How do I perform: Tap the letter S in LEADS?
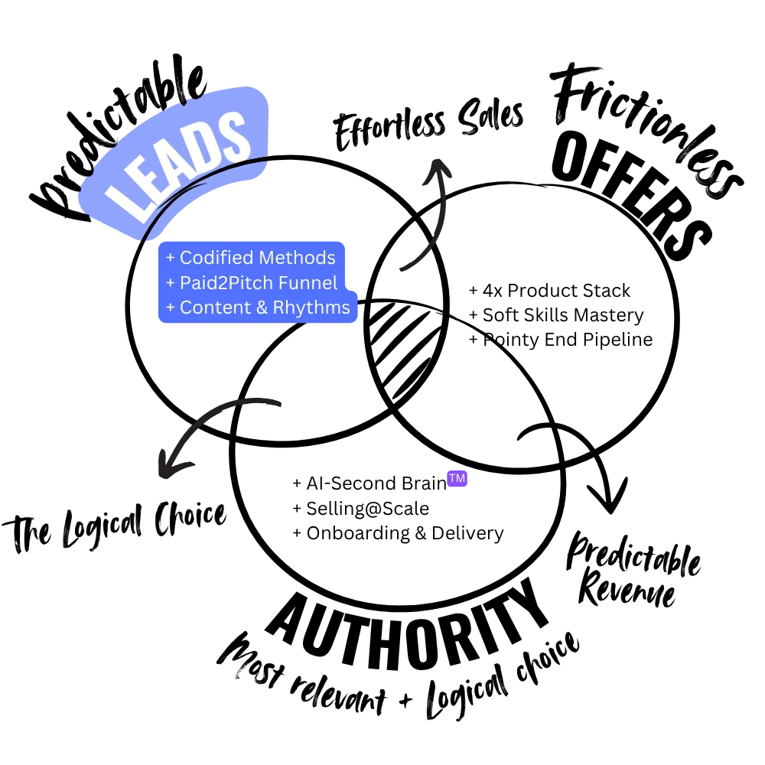[231, 136]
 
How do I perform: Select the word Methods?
[297, 258]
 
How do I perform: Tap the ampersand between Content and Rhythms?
[260, 308]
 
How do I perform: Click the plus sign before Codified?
[171, 259]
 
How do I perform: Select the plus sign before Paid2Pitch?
[171, 283]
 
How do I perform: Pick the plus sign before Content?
[171, 308]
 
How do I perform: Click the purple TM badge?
[457, 479]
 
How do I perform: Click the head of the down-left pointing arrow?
[168, 464]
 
